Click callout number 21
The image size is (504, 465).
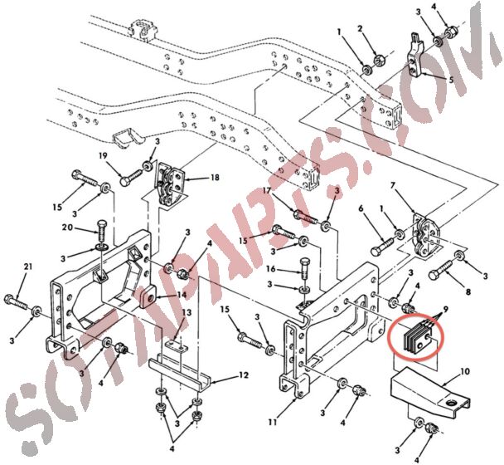28,267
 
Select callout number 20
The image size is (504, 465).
67,228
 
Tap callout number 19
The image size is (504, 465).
103,156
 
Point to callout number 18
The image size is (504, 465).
215,177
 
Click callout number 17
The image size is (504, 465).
267,190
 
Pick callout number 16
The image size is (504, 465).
271,268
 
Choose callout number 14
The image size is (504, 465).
182,294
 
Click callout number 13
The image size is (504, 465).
187,312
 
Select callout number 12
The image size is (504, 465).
244,375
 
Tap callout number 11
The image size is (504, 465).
273,422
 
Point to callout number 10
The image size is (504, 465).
465,372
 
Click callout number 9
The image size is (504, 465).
445,310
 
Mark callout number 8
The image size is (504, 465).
468,292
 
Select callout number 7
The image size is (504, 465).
392,186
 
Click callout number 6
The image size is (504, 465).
361,208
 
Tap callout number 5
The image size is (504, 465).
451,80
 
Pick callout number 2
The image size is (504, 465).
360,29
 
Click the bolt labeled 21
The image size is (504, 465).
17,301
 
